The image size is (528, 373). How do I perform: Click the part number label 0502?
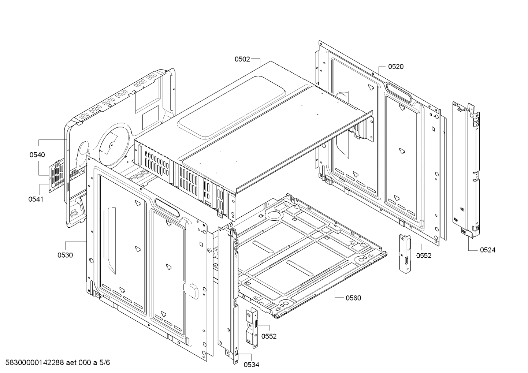pos(242,59)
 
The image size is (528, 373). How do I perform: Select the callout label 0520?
pos(396,67)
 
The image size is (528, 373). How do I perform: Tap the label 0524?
pos(488,250)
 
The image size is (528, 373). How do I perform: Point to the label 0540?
pos(37,155)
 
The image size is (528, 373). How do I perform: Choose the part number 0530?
pos(65,255)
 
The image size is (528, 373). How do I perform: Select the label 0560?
pos(353,298)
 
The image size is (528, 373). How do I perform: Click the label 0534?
pos(252,365)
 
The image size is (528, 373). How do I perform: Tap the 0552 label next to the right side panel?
pos(424,256)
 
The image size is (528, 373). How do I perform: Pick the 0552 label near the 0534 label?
pos(269,336)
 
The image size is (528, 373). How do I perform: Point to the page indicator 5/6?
pos(104,363)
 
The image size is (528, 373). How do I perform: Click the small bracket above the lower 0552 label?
pos(252,326)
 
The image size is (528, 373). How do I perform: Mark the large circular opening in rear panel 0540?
pos(114,143)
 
